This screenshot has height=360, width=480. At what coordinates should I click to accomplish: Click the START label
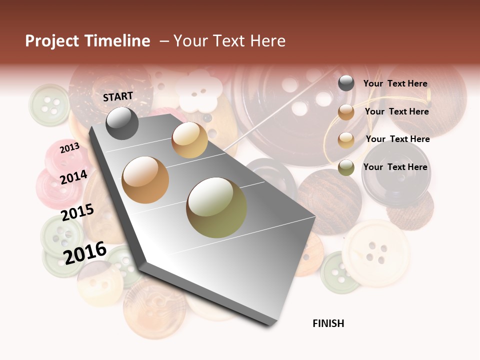118,96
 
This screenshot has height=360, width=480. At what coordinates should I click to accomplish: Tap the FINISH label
328,323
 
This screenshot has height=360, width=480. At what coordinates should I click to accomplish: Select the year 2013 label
69,147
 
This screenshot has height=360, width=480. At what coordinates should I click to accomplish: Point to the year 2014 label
73,177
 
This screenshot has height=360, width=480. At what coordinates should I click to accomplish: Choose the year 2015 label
77,212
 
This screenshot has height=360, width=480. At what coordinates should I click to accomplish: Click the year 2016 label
85,252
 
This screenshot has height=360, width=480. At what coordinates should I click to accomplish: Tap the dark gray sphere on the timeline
122,123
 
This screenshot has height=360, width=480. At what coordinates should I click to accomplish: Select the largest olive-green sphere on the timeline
216,207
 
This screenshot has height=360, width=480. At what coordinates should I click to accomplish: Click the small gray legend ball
346,83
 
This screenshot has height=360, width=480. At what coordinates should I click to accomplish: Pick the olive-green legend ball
346,167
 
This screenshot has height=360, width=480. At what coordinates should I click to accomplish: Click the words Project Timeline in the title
87,41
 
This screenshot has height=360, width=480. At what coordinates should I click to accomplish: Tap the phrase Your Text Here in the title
229,41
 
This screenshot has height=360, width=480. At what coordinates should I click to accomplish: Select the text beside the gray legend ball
395,83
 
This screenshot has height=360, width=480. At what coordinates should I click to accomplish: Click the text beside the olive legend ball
395,167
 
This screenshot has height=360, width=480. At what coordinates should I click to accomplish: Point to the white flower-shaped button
198,91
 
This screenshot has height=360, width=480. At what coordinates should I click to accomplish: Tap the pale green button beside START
49,104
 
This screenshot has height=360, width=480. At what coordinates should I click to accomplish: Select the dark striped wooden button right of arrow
329,201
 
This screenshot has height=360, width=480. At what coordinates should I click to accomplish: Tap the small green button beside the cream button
339,272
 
